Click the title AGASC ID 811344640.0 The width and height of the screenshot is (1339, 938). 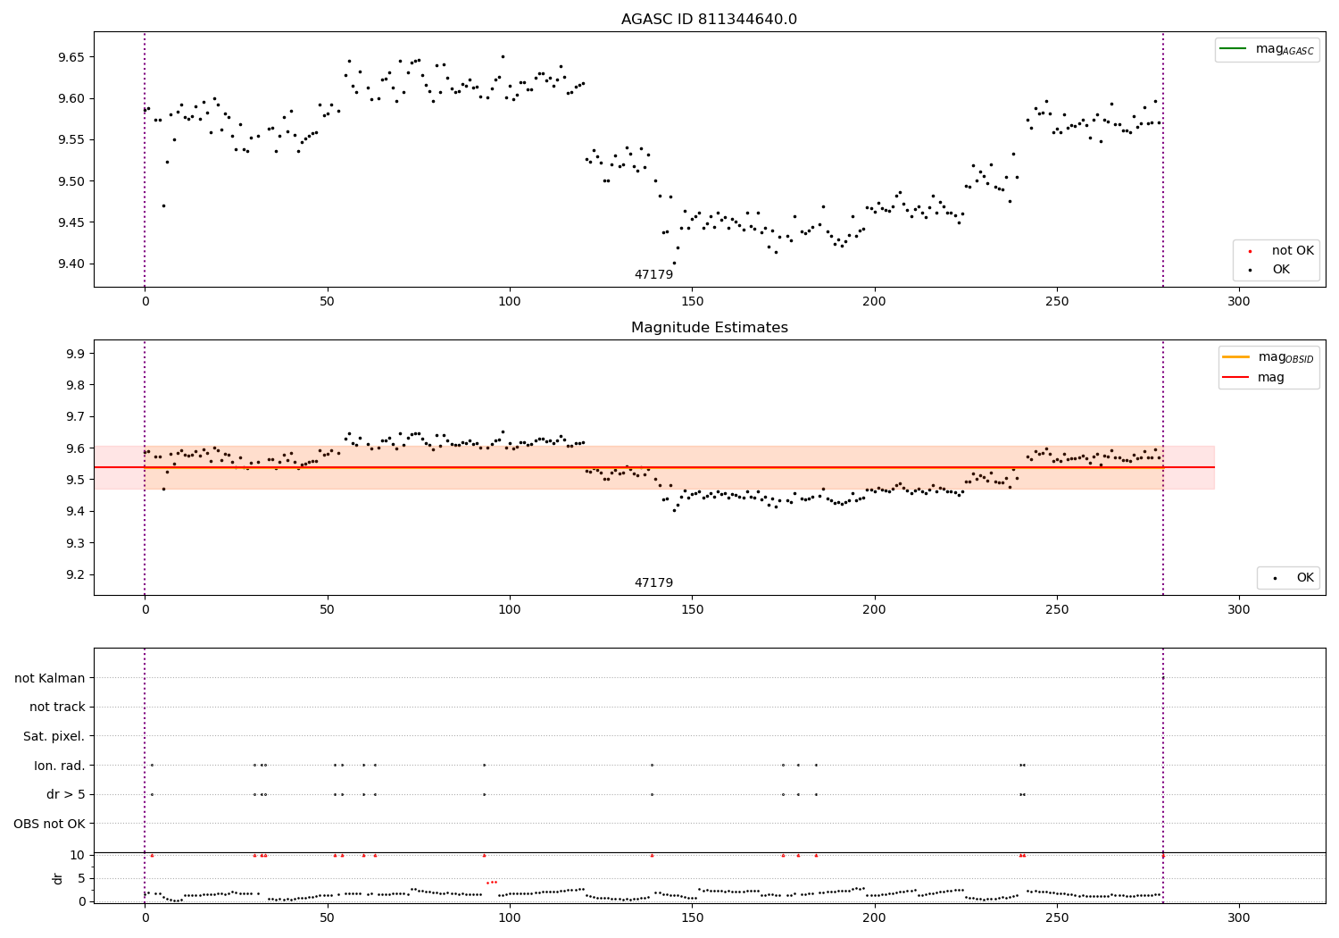coord(709,20)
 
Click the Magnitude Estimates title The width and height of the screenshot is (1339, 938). coord(709,328)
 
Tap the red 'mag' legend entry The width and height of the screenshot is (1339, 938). coord(1270,378)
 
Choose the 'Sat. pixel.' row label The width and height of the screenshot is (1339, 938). coord(54,736)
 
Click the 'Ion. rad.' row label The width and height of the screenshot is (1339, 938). coord(59,766)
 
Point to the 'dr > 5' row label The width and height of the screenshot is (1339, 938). coord(65,794)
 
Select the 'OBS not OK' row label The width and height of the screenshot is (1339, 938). coord(49,824)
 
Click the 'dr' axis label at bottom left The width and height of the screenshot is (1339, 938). coord(58,878)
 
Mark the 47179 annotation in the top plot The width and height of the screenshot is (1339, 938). coord(653,275)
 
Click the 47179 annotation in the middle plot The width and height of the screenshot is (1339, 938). coord(653,583)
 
